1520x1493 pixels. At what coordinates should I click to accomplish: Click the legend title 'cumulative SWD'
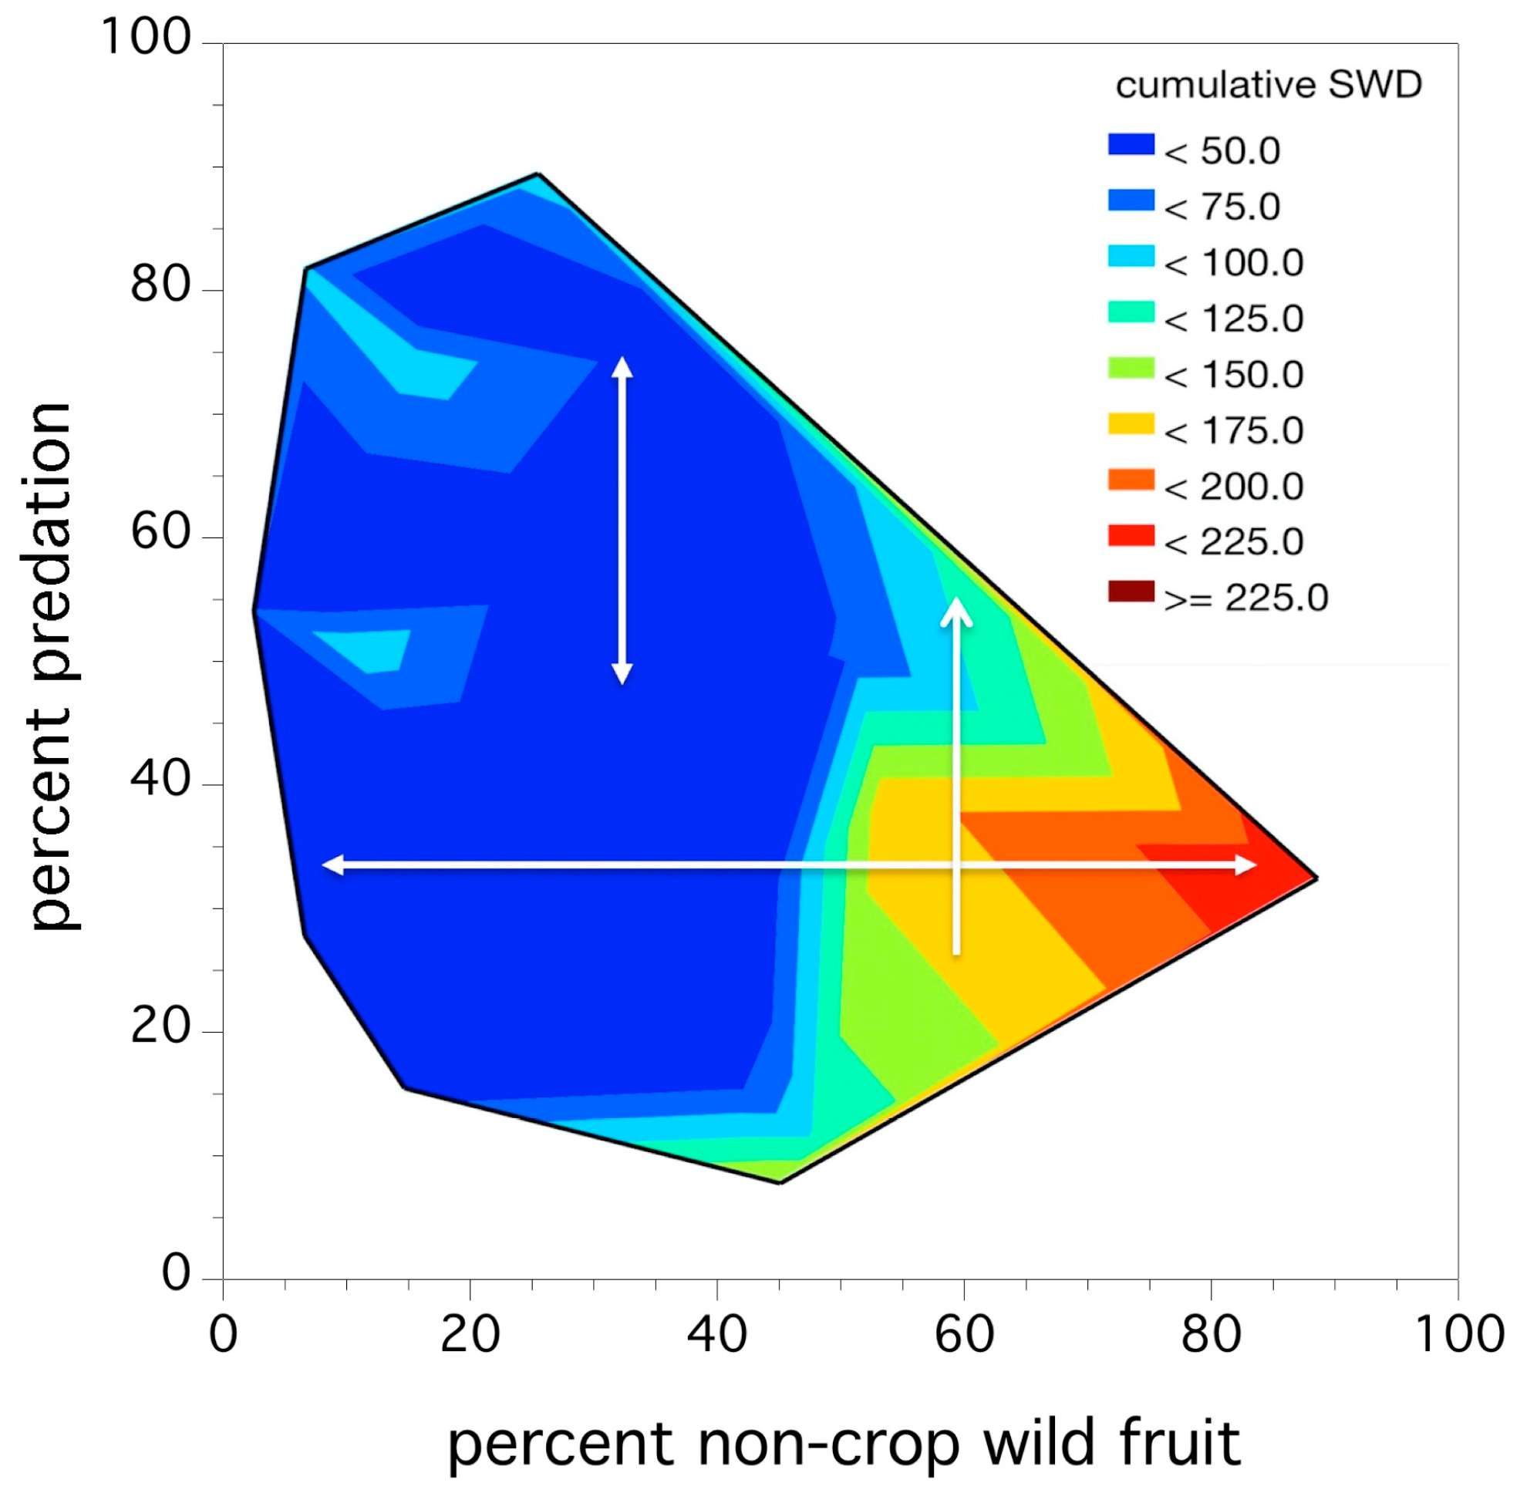point(1268,86)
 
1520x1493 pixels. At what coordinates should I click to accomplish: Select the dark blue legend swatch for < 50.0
point(1131,144)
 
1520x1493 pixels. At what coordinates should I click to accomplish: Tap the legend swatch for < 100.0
point(1131,256)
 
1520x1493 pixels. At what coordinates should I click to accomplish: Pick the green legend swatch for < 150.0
point(1131,368)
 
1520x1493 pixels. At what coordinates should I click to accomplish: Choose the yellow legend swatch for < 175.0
point(1131,424)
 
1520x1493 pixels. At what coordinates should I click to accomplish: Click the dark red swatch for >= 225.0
point(1131,591)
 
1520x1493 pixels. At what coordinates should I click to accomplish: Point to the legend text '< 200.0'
point(1234,487)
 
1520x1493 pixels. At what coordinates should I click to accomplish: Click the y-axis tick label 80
point(160,284)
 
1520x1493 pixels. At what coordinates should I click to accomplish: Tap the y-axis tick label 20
point(160,1025)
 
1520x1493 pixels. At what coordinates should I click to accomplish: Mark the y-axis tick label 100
point(146,37)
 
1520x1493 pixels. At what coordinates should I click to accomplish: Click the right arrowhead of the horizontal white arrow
point(1247,865)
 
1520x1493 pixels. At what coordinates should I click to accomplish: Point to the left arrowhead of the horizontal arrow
point(332,865)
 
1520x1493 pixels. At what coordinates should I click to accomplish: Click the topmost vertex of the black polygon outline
point(538,174)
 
